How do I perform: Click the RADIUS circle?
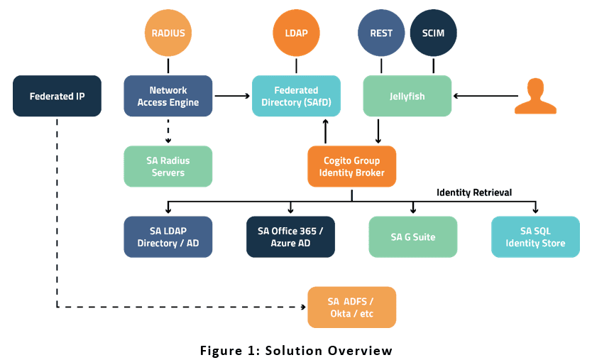168,33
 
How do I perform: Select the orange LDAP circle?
295,33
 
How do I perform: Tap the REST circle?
381,33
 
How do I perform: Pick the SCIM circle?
433,33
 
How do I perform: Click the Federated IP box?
57,96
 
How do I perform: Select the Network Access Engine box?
168,96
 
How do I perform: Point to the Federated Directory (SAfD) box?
296,96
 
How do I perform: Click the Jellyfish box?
407,96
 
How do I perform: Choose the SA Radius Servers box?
168,166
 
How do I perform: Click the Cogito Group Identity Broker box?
351,166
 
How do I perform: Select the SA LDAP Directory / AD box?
168,236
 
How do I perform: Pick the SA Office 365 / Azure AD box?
290,236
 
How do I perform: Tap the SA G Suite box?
413,236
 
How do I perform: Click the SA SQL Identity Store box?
535,236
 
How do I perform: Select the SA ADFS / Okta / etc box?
351,307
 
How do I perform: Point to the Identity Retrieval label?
474,192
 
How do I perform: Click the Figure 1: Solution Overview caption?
295,350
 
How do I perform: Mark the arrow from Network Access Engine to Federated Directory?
233,96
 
